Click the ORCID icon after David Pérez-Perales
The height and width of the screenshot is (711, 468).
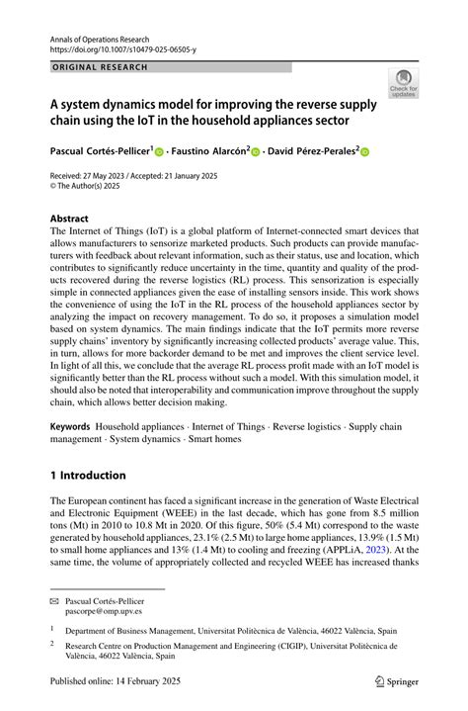coord(362,152)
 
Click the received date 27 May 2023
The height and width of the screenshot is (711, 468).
coord(114,175)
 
